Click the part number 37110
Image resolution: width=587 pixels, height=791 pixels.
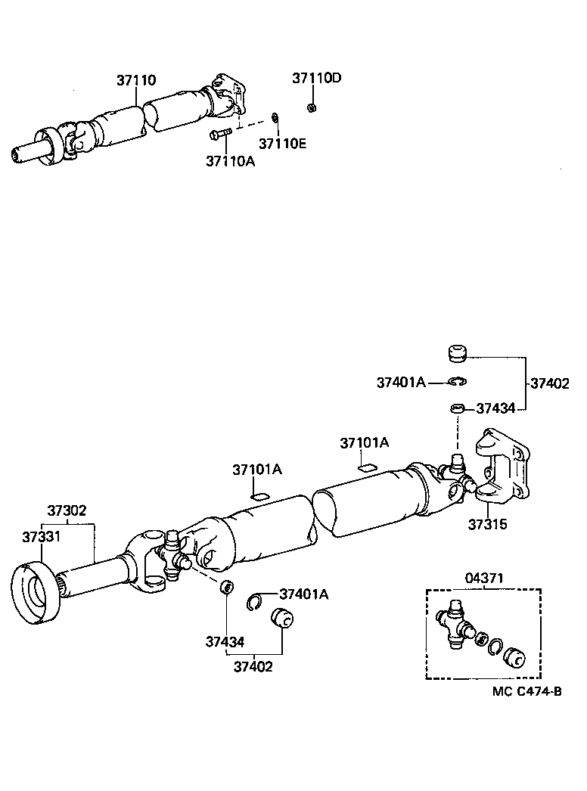(136, 79)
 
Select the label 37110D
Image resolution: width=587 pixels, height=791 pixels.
(317, 78)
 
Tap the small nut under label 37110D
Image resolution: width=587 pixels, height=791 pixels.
(312, 108)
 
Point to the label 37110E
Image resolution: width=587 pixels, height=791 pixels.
(282, 143)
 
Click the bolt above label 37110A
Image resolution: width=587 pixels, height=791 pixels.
(219, 135)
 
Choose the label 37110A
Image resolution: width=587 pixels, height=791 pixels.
(229, 160)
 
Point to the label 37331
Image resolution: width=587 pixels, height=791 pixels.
(42, 536)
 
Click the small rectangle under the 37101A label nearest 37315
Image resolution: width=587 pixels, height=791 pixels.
(367, 467)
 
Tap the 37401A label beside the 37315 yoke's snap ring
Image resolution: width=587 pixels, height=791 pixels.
(401, 383)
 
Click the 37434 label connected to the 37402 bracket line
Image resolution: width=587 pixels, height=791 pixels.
(495, 408)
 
